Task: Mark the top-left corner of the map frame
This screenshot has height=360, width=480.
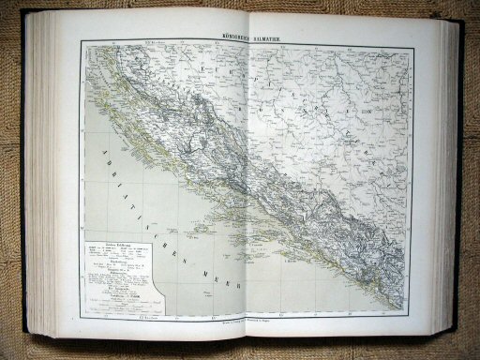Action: (x=81, y=40)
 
